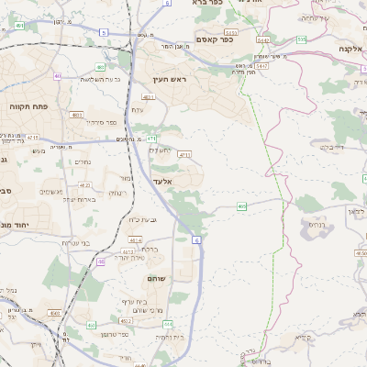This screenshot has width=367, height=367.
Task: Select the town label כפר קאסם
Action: coord(215,39)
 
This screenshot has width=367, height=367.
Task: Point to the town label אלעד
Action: coord(161,182)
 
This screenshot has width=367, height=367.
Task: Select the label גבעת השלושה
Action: coord(77,79)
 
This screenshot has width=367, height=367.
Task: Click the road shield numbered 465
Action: coord(241,207)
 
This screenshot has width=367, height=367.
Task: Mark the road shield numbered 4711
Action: coord(184,155)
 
